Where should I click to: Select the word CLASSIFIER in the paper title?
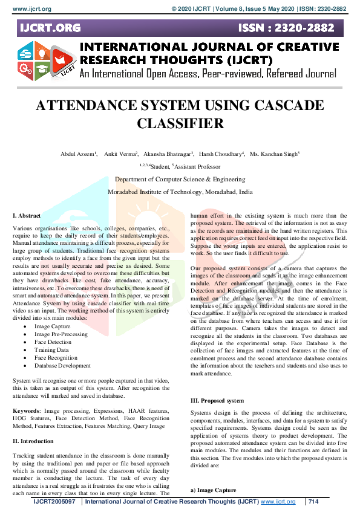[180, 123]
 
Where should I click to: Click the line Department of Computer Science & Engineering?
[180, 179]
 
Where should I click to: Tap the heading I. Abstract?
[27, 216]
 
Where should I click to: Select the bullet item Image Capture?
[52, 326]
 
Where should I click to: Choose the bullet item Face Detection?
[53, 342]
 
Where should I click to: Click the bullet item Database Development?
[62, 366]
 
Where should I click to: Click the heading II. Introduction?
[33, 441]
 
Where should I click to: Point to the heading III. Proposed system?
[217, 401]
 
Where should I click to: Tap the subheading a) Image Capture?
[214, 490]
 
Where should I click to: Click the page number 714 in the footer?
[313, 502]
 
